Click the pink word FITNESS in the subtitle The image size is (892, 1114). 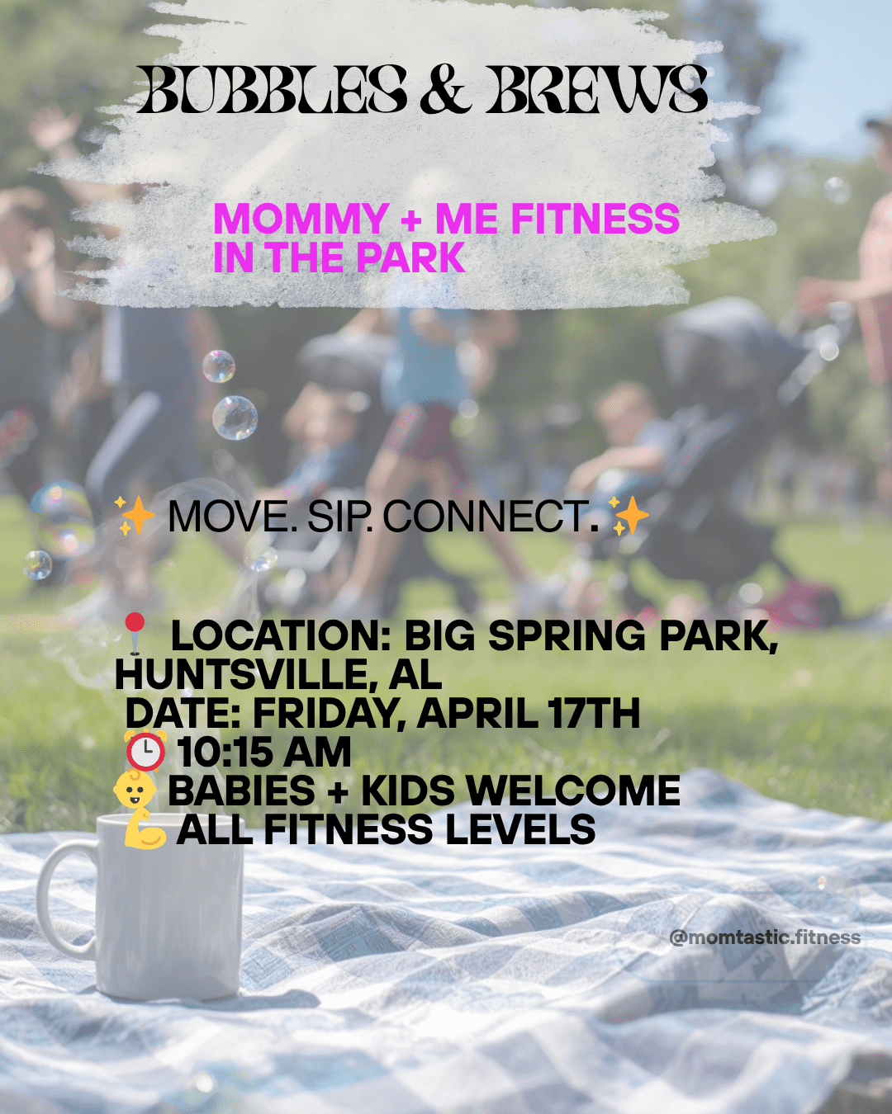tap(595, 219)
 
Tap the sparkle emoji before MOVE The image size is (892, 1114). tap(135, 516)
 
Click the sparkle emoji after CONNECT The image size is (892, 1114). tap(629, 516)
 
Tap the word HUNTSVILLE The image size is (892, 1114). tap(243, 674)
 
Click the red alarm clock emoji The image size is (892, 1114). tap(145, 751)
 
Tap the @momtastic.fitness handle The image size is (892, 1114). tap(765, 937)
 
